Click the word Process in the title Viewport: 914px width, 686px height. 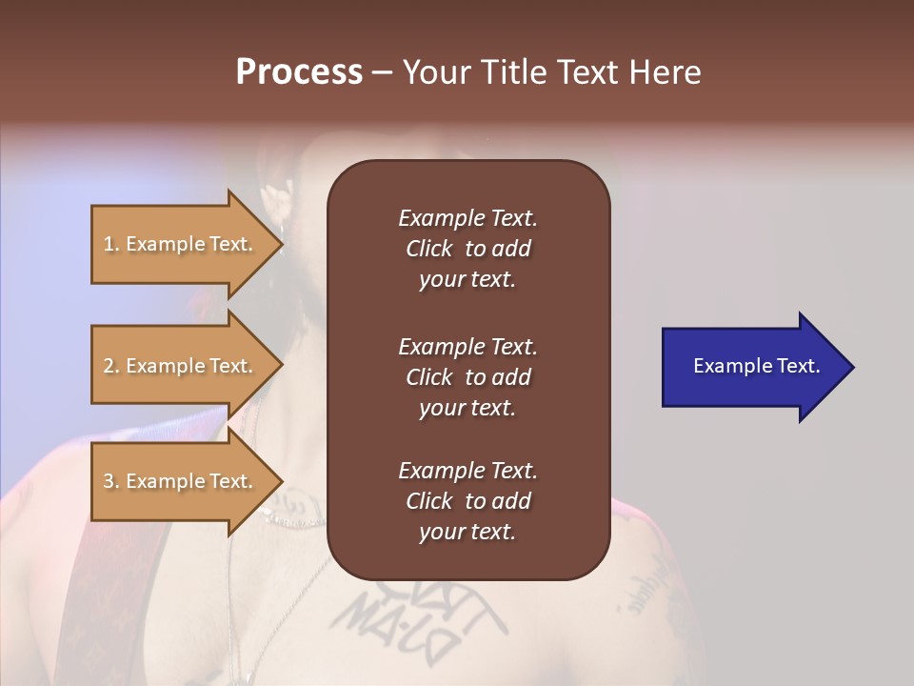299,72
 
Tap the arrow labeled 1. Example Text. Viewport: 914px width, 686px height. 181,244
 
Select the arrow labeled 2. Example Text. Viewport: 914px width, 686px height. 181,366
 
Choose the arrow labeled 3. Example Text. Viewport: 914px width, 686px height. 181,481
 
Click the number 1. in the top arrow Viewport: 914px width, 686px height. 111,244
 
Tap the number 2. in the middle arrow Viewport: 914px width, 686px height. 111,366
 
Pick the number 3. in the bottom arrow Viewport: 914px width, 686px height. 111,481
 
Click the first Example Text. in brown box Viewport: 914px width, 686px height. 467,218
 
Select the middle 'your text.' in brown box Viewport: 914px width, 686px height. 467,408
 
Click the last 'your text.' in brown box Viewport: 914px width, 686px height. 467,533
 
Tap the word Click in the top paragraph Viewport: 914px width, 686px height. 428,249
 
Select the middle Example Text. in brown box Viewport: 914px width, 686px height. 467,347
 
